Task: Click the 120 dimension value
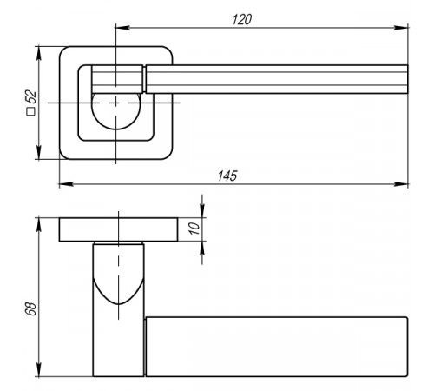click(242, 20)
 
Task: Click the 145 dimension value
click(227, 176)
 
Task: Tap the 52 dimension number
click(31, 96)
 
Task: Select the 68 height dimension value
click(30, 308)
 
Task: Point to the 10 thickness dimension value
click(194, 229)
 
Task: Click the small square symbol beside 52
click(30, 112)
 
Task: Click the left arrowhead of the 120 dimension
click(122, 28)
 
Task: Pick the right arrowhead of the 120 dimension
click(401, 28)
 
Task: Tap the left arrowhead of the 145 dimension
click(66, 184)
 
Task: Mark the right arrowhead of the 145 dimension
click(401, 184)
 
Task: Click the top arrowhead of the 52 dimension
click(39, 53)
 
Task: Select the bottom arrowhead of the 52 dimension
click(39, 152)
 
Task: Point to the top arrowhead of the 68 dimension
click(39, 225)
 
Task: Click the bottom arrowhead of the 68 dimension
click(39, 369)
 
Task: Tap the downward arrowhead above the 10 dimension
click(202, 210)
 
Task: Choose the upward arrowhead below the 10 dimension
click(202, 248)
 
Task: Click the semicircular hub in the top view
click(115, 111)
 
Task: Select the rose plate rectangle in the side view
click(118, 229)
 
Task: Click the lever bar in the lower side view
click(277, 347)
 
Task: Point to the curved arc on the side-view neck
click(118, 304)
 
